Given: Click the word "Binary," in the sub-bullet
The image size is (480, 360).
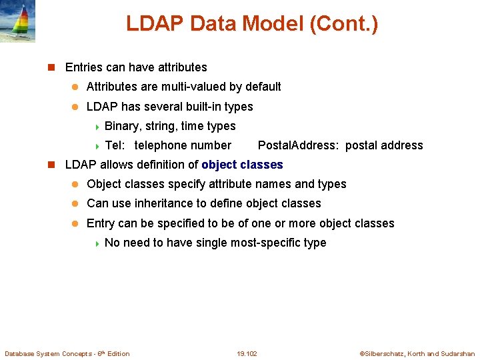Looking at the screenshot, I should [123, 126].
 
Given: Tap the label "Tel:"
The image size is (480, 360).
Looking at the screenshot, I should [116, 145].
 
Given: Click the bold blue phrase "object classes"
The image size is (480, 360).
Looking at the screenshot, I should [242, 165].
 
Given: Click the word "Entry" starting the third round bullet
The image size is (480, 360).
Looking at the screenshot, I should [101, 223].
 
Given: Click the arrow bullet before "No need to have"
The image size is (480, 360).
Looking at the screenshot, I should [97, 243].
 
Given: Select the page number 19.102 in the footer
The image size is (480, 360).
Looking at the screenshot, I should [247, 353].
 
